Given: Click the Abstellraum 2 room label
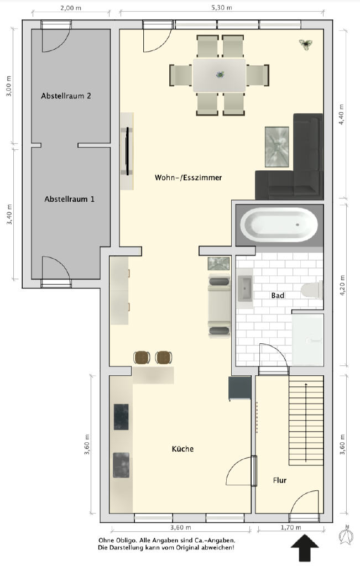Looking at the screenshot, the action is [66, 96].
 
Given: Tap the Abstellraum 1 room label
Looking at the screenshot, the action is [69, 199].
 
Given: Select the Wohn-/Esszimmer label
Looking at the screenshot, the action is [188, 177].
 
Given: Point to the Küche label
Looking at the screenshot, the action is [182, 449].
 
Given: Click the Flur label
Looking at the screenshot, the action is [280, 480].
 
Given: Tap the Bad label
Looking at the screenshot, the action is [278, 295].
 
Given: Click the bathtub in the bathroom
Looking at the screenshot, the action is [279, 224].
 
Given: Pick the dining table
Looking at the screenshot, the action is [220, 75].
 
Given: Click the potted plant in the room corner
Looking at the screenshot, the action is [305, 44].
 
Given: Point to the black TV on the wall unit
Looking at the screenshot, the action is [127, 151].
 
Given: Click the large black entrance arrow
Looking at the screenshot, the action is [305, 548].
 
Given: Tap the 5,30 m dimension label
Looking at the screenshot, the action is [222, 7].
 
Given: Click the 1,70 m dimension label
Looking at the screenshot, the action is [291, 527].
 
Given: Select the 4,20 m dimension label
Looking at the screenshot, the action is [342, 286].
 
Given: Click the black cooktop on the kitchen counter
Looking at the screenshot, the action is [121, 417].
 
